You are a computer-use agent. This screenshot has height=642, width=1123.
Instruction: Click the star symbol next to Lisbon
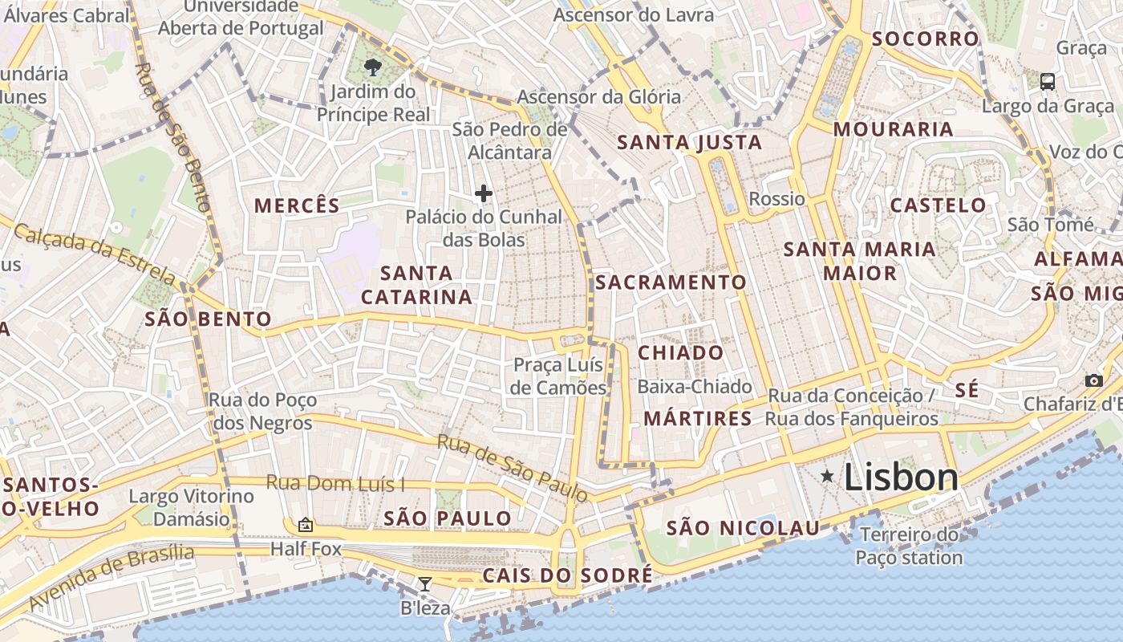pos(827,477)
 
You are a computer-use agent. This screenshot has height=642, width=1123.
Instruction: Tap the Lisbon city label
pos(901,477)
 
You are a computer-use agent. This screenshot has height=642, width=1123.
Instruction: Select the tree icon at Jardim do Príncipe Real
pos(372,67)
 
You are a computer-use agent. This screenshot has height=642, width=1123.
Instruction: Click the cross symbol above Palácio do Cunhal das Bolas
pos(484,193)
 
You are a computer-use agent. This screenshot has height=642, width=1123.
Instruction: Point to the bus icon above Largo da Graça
pos(1048,81)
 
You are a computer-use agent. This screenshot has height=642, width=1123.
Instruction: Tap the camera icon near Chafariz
pos(1093,381)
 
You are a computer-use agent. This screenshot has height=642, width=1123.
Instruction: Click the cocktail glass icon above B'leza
pos(425,584)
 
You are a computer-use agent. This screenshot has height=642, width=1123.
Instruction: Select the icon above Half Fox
pos(305,526)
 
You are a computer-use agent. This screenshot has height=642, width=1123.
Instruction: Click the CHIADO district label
pos(680,353)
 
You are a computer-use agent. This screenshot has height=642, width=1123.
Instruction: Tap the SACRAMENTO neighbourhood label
pos(671,282)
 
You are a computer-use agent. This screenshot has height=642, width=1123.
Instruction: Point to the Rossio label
pos(776,198)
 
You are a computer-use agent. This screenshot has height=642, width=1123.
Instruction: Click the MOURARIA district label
pos(893,129)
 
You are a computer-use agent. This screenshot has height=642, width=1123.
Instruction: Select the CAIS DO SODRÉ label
pos(567,576)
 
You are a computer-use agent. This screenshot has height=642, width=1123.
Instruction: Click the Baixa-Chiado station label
pos(694,387)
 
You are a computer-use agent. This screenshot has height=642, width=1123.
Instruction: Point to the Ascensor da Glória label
pos(598,97)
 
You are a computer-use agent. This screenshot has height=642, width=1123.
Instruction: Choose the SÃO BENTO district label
pos(208,319)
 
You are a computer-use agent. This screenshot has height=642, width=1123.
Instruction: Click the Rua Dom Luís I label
pos(335,483)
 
